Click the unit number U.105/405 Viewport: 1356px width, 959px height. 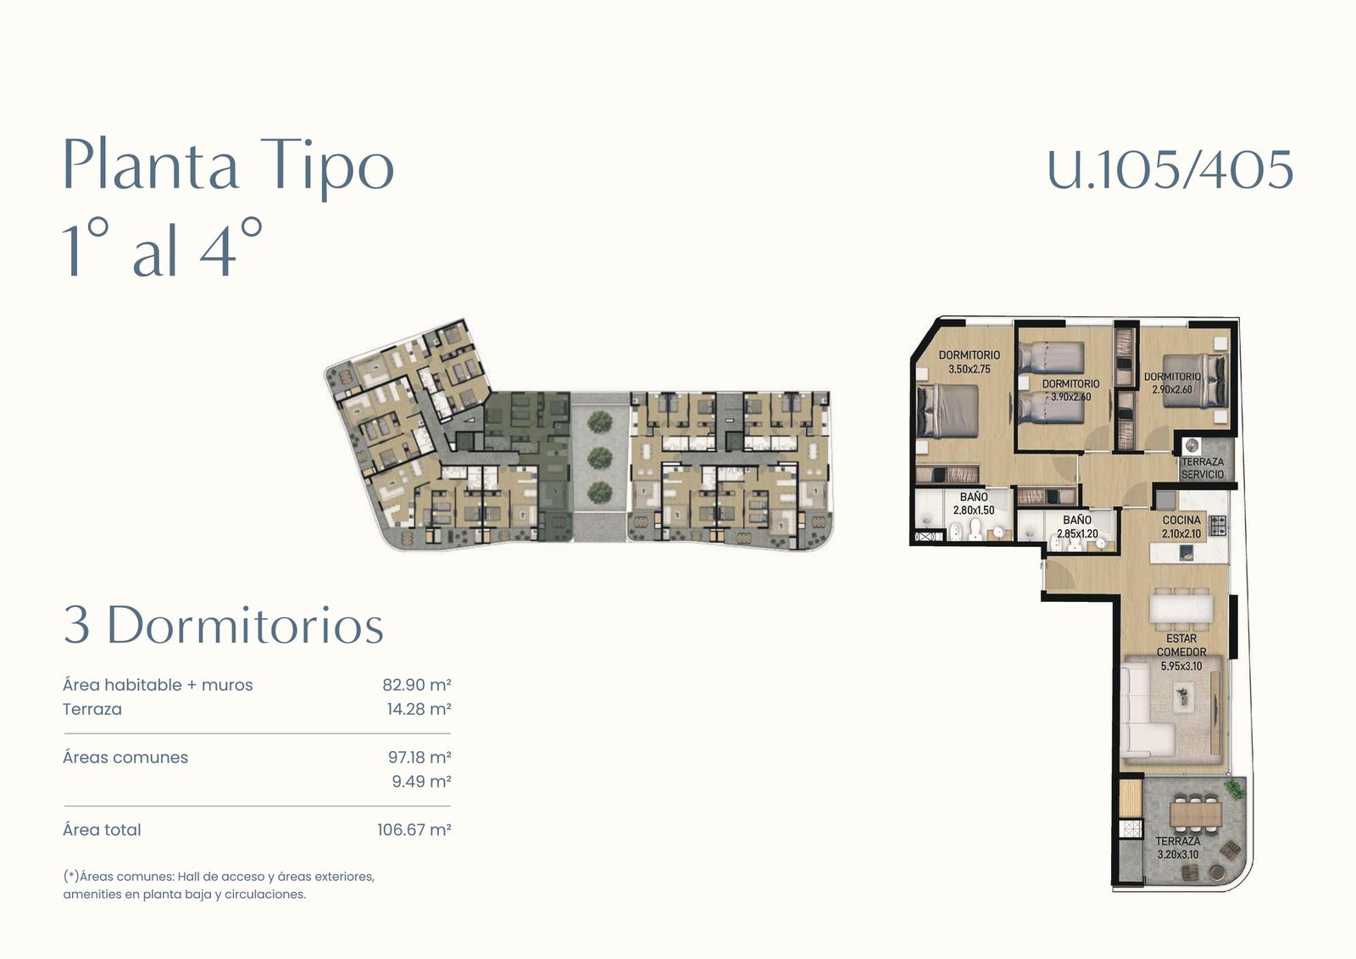[x=1170, y=170]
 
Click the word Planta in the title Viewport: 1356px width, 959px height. [x=151, y=164]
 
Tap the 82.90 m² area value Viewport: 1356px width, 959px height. [x=416, y=684]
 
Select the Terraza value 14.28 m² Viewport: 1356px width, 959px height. [x=419, y=709]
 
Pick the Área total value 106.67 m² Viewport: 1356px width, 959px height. [x=414, y=829]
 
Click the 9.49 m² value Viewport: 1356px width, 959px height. [x=421, y=782]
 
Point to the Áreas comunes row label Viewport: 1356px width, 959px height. [x=125, y=757]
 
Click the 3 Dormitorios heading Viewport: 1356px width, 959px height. [x=224, y=625]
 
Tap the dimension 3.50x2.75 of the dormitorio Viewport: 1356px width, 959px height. [x=970, y=369]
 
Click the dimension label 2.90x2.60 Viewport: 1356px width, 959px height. [x=1172, y=389]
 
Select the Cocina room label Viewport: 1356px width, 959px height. [x=1181, y=520]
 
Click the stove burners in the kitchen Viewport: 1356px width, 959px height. [x=1217, y=525]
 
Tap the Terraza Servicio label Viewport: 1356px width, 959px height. [x=1203, y=468]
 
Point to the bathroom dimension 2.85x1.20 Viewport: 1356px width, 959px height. [x=1077, y=533]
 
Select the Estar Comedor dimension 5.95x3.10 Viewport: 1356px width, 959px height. [x=1181, y=666]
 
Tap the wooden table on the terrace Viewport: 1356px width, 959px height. [x=1195, y=812]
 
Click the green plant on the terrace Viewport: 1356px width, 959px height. [x=1234, y=789]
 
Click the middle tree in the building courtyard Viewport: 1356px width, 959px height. [x=598, y=457]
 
